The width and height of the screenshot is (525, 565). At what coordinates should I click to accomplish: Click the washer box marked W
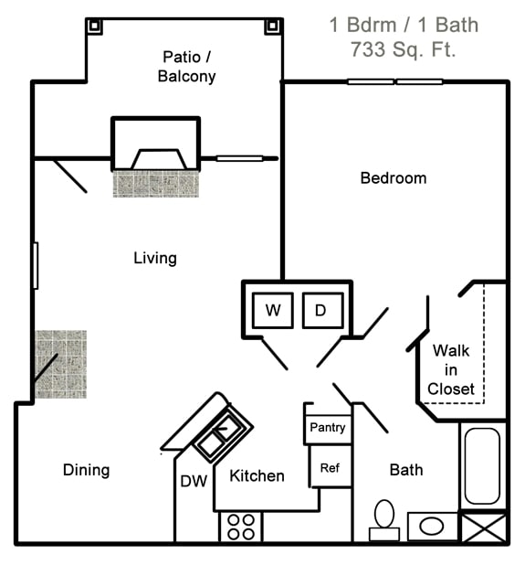pyautogui.click(x=272, y=310)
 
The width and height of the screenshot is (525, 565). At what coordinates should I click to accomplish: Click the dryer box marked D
pyautogui.click(x=321, y=310)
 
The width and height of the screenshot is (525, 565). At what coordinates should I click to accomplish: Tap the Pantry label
pyautogui.click(x=327, y=427)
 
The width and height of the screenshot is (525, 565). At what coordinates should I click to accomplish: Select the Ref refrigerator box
pyautogui.click(x=330, y=467)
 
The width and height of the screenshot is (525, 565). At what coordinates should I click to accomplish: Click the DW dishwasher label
pyautogui.click(x=193, y=481)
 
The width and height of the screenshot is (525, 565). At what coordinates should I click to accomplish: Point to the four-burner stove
pyautogui.click(x=241, y=527)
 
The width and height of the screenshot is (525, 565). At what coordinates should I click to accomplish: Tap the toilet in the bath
pyautogui.click(x=383, y=518)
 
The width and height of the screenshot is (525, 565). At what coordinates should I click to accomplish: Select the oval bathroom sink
pyautogui.click(x=432, y=527)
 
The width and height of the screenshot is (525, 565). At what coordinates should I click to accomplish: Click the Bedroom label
pyautogui.click(x=393, y=178)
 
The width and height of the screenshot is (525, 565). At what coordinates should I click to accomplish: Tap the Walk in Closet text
pyautogui.click(x=451, y=369)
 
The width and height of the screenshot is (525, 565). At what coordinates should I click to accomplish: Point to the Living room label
pyautogui.click(x=155, y=258)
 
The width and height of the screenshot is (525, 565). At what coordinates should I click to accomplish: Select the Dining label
pyautogui.click(x=86, y=470)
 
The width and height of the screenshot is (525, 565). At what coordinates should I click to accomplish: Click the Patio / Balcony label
pyautogui.click(x=186, y=67)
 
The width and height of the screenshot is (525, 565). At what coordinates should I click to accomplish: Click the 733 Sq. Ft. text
pyautogui.click(x=403, y=50)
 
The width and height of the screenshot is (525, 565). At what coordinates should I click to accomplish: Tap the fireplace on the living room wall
pyautogui.click(x=155, y=144)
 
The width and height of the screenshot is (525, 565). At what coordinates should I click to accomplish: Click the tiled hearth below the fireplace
pyautogui.click(x=155, y=184)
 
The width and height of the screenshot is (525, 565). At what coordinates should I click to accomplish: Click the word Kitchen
pyautogui.click(x=257, y=475)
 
